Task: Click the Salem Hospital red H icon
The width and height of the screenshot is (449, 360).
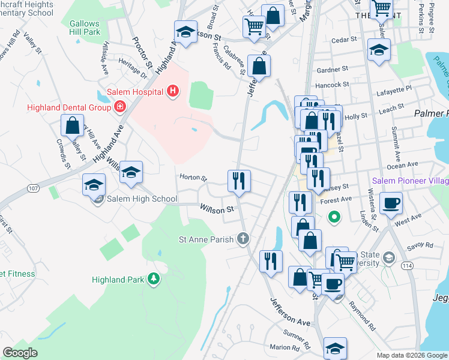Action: (x=173, y=92)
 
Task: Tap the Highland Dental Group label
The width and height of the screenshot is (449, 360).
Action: (x=68, y=107)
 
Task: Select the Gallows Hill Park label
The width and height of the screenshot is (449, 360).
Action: (x=84, y=28)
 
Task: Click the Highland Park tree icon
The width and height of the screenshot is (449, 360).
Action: (x=154, y=278)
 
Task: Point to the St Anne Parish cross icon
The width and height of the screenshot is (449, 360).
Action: (x=243, y=239)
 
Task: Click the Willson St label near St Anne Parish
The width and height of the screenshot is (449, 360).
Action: (x=217, y=210)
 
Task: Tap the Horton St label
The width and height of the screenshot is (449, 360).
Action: (x=193, y=178)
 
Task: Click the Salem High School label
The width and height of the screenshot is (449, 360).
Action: (x=142, y=199)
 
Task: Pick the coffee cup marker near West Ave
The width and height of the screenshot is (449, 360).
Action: (x=391, y=203)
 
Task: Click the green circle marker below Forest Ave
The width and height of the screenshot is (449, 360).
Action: (x=335, y=217)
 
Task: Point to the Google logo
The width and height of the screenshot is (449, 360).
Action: (x=20, y=353)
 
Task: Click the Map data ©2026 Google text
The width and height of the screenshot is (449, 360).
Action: (x=412, y=355)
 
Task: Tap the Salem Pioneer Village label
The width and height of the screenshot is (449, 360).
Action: (x=410, y=181)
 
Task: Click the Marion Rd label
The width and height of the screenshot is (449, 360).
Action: (x=284, y=347)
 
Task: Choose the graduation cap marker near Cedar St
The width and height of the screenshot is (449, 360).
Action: (x=379, y=52)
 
